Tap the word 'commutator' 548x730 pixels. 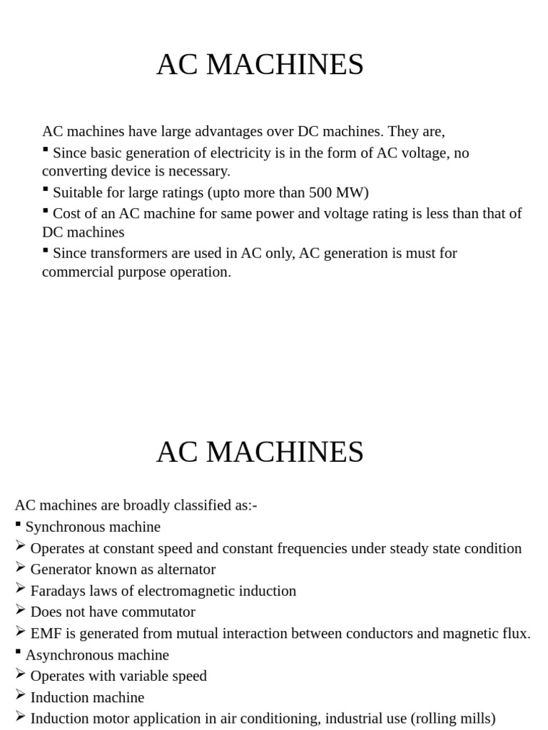coord(161,612)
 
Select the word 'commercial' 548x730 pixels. coord(76,272)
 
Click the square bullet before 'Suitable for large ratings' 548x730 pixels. coord(46,190)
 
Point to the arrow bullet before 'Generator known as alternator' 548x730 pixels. coord(20,567)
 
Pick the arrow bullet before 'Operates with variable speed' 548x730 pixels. coord(20,674)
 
